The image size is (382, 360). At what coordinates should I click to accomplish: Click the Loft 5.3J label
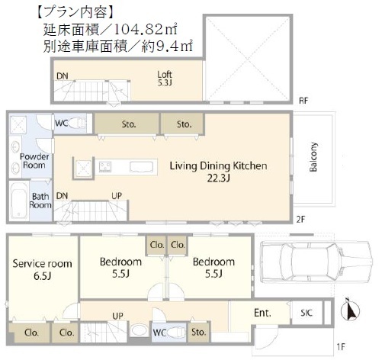click(x=165, y=79)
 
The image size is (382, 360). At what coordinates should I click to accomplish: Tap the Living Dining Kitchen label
click(x=218, y=166)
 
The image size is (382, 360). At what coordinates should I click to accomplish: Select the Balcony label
click(x=313, y=157)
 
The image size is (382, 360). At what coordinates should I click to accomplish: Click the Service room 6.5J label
click(x=43, y=269)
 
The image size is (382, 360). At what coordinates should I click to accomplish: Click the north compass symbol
click(x=350, y=310)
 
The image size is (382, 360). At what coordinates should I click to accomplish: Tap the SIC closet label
click(x=307, y=313)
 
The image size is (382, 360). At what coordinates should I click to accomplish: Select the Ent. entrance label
click(x=262, y=313)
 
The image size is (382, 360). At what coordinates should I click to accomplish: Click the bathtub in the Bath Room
click(x=19, y=201)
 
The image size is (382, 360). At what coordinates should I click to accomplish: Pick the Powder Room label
click(x=34, y=161)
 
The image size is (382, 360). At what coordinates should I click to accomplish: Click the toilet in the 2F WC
click(x=77, y=123)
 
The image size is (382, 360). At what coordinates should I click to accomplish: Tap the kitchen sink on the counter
click(x=142, y=167)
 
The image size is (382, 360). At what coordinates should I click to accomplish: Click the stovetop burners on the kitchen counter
click(x=105, y=167)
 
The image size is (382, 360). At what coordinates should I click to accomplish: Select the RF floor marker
click(x=303, y=101)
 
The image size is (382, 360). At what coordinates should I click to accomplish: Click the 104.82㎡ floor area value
click(x=146, y=30)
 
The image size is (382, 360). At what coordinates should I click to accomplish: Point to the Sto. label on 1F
click(x=198, y=332)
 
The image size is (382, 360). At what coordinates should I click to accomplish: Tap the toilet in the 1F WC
click(x=177, y=332)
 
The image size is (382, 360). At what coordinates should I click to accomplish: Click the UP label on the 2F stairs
click(x=117, y=196)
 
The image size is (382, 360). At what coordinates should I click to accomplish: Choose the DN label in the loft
click(x=63, y=76)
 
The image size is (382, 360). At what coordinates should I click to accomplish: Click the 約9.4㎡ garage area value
click(x=167, y=47)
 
